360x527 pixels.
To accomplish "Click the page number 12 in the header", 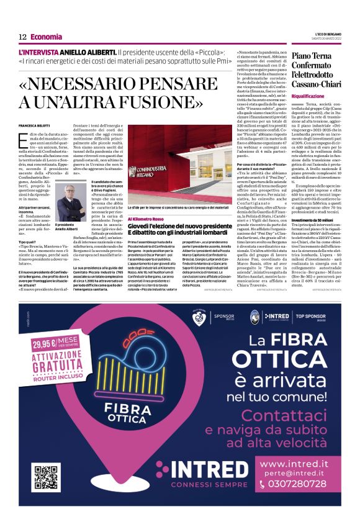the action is coord(22,37).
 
